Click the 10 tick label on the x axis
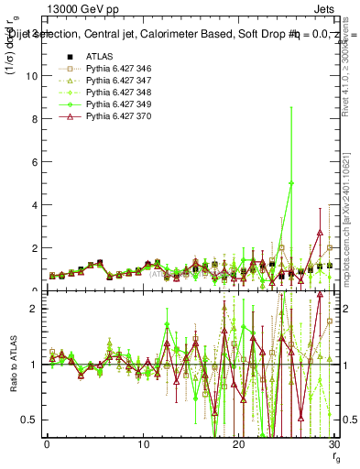tap(143, 446)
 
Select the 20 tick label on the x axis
tap(239, 446)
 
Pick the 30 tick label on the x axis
tap(334, 446)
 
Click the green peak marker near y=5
tap(291, 183)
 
